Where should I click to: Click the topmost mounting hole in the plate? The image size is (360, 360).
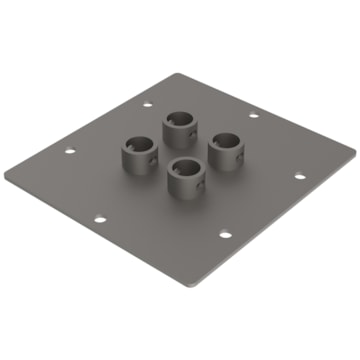[x=148, y=103]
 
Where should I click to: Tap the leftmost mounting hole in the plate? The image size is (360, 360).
[x=70, y=152]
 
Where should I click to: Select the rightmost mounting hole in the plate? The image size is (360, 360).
[x=300, y=176]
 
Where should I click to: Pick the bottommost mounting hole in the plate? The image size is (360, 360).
[x=223, y=237]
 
